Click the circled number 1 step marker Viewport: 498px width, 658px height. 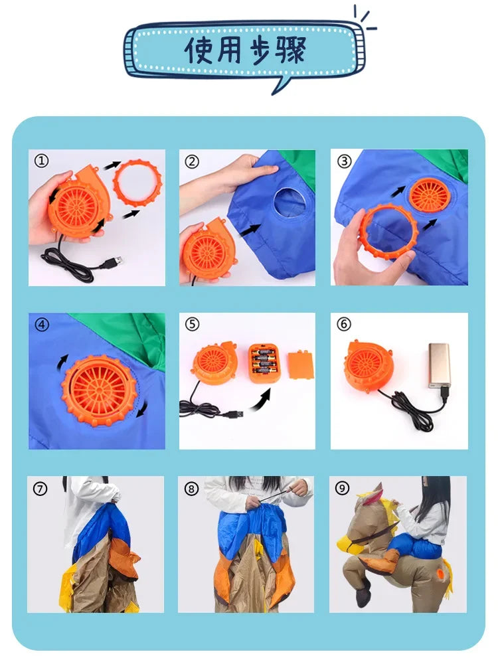click(x=42, y=161)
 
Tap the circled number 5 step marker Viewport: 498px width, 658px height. click(x=192, y=324)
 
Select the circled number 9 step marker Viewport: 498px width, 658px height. click(x=343, y=488)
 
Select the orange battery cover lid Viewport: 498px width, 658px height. click(x=300, y=365)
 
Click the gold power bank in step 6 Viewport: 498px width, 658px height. click(x=439, y=365)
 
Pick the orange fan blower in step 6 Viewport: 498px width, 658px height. click(x=368, y=365)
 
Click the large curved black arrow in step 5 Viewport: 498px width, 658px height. click(x=260, y=399)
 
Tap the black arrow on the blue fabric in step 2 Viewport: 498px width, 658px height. click(x=251, y=230)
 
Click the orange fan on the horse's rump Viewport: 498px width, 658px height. click(x=440, y=574)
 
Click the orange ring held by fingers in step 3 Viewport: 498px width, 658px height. click(x=388, y=230)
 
